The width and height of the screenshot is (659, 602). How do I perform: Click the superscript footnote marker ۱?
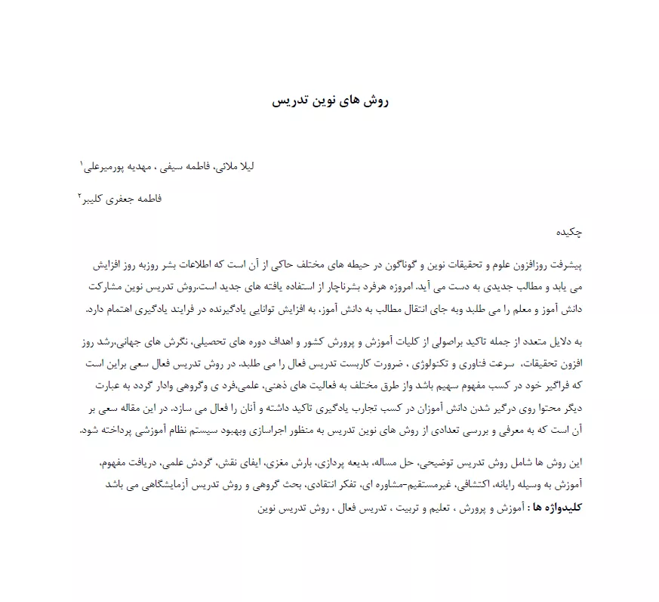tap(82, 162)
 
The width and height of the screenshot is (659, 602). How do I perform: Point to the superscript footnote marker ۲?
tap(80, 196)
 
